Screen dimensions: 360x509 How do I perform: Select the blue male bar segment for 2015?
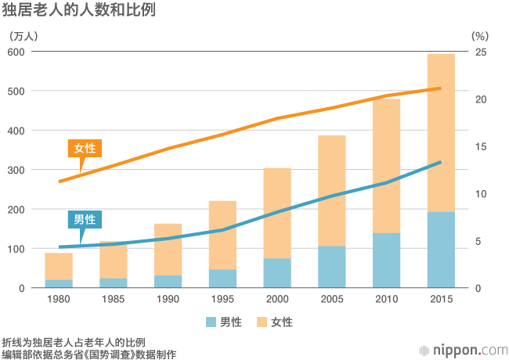pyautogui.click(x=441, y=250)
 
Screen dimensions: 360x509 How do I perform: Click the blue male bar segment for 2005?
pyautogui.click(x=331, y=267)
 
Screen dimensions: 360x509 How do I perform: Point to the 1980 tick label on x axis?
pyautogui.click(x=59, y=301)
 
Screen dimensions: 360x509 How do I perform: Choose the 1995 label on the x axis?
pyautogui.click(x=222, y=301)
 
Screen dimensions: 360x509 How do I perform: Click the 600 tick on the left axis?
pyautogui.click(x=16, y=52)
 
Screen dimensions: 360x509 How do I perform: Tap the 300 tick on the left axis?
pyautogui.click(x=16, y=170)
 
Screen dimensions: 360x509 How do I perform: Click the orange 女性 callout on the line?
pyautogui.click(x=85, y=148)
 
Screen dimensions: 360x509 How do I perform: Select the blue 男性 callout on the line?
pyautogui.click(x=85, y=219)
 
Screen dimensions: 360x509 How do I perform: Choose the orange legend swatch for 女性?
pyautogui.click(x=262, y=322)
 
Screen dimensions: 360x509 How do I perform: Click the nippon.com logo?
pyautogui.click(x=464, y=350)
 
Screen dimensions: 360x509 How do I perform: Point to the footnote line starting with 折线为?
pyautogui.click(x=74, y=342)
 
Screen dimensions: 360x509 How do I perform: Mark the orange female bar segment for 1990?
pyautogui.click(x=168, y=249)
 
